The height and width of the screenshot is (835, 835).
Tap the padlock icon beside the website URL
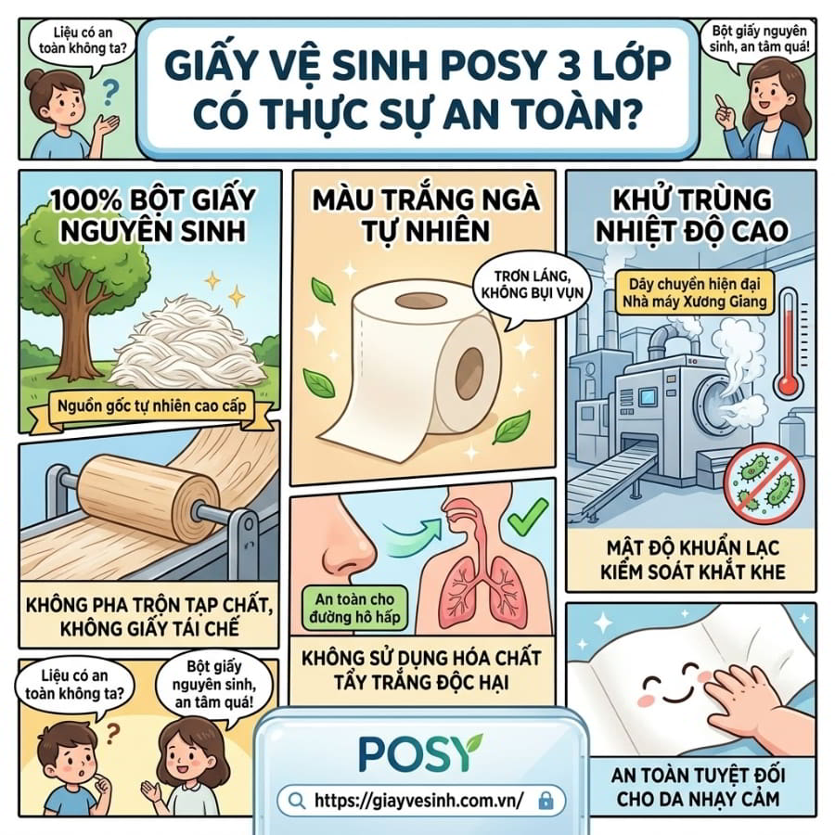pyautogui.click(x=546, y=801)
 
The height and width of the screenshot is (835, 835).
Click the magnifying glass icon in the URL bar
pyautogui.click(x=296, y=800)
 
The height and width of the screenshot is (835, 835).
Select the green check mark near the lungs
pyautogui.click(x=527, y=517)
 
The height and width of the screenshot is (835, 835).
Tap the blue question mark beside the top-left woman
pyautogui.click(x=110, y=92)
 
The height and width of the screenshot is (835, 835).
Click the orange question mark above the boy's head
pyautogui.click(x=110, y=734)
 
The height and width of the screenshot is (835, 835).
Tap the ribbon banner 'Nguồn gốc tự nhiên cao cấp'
pyautogui.click(x=152, y=408)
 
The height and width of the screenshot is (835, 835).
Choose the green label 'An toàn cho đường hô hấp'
pyautogui.click(x=354, y=608)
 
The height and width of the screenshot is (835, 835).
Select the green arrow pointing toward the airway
pyautogui.click(x=412, y=533)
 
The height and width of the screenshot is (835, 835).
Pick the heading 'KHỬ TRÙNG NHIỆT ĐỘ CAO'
pyautogui.click(x=692, y=215)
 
